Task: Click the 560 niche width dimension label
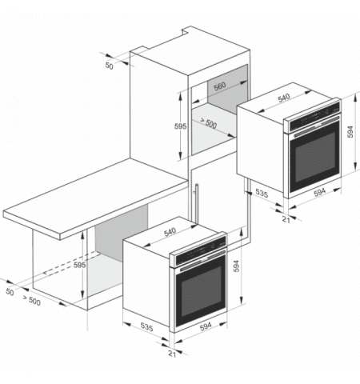click(220, 86)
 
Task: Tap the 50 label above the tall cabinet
click(109, 66)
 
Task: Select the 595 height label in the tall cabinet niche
click(180, 126)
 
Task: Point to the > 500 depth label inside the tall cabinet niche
click(209, 123)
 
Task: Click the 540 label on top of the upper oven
click(284, 98)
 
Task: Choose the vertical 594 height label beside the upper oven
click(350, 132)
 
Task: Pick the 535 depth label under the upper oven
click(262, 193)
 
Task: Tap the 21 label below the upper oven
click(286, 219)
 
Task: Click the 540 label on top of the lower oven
click(170, 232)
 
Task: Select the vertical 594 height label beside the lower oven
click(236, 266)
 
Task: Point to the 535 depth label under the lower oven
click(146, 326)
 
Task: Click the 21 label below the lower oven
click(172, 354)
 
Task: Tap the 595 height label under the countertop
click(80, 265)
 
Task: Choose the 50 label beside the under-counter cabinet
click(10, 292)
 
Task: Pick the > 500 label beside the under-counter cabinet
click(32, 300)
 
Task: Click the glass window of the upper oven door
click(315, 157)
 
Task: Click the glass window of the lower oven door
click(202, 291)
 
